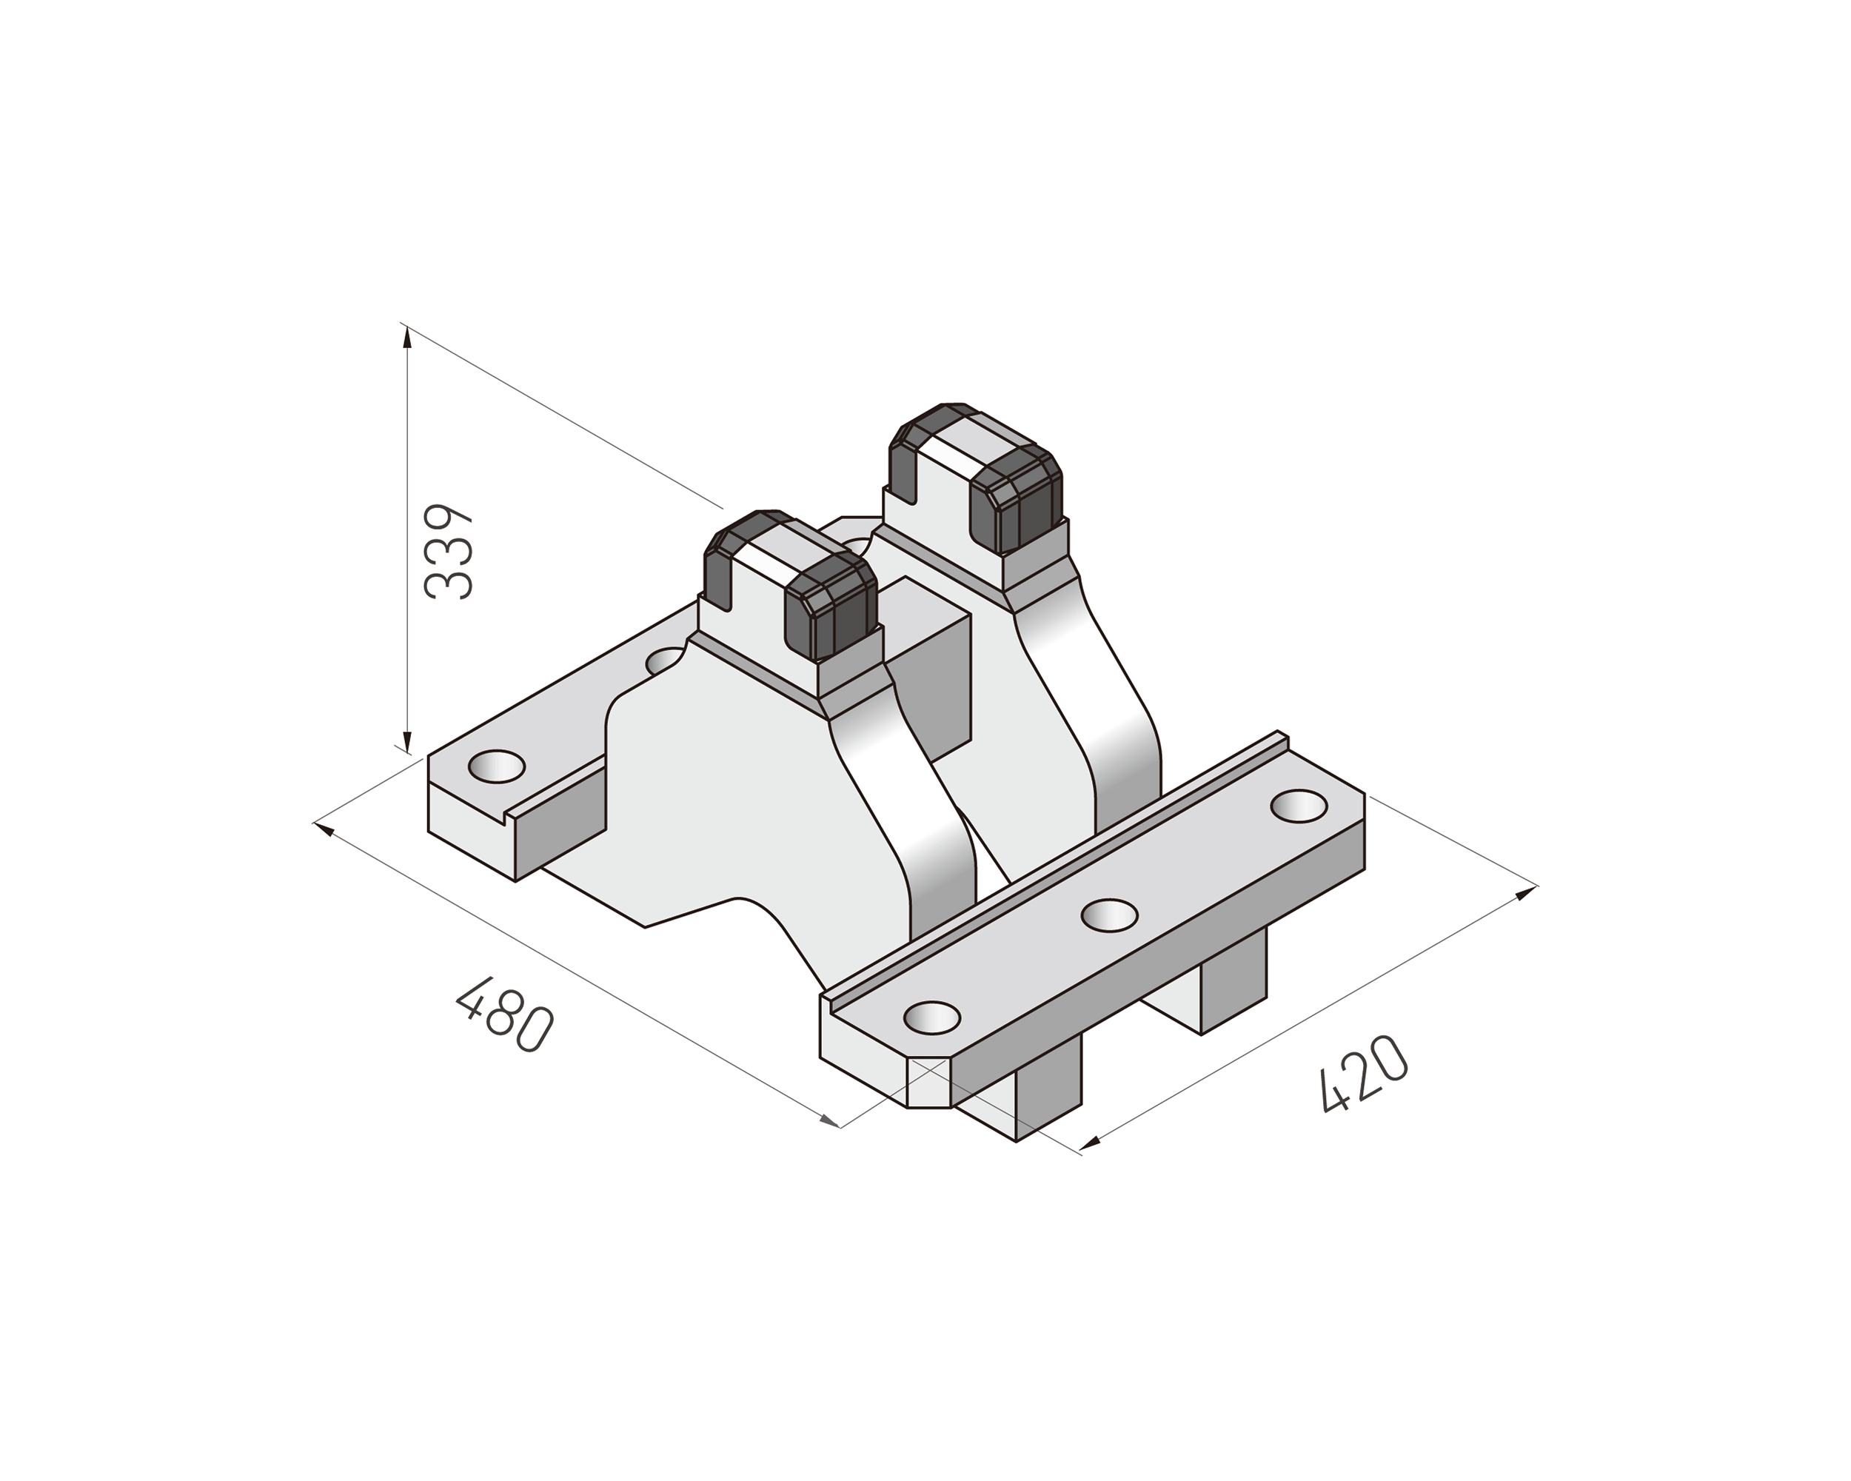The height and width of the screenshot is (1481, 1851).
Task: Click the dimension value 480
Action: coord(505,1014)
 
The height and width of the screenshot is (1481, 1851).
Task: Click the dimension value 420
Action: coord(1362,1073)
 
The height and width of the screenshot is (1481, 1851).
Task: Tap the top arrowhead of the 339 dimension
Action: coord(407,336)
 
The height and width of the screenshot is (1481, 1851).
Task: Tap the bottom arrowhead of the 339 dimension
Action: coord(407,740)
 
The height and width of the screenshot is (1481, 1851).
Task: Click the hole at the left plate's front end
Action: coord(497,765)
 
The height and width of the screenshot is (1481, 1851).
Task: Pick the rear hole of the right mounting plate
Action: coord(1298,806)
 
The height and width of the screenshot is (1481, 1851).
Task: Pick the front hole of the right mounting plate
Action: coord(931,1018)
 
